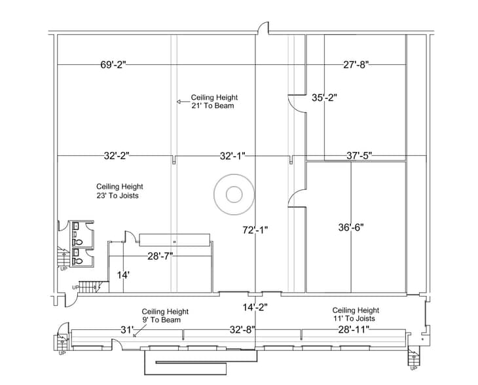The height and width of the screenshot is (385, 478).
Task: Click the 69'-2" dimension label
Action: point(113,65)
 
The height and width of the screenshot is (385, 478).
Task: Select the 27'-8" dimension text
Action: point(356,65)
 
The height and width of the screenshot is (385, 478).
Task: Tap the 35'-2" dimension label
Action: point(323,98)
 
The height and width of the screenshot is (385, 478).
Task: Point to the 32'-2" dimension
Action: point(117,156)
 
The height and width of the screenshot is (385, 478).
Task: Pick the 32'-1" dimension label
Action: point(232,156)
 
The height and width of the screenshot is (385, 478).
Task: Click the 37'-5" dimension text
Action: point(359,156)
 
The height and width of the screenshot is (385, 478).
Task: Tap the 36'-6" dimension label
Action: point(350,228)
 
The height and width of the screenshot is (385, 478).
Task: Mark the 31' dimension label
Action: point(127,329)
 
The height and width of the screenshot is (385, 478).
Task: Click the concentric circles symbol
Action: point(233,194)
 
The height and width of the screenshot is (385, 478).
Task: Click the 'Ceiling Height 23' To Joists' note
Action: point(120,191)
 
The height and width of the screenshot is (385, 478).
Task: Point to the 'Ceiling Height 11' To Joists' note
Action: point(356,314)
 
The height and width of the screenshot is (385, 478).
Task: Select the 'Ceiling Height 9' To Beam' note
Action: point(166,316)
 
